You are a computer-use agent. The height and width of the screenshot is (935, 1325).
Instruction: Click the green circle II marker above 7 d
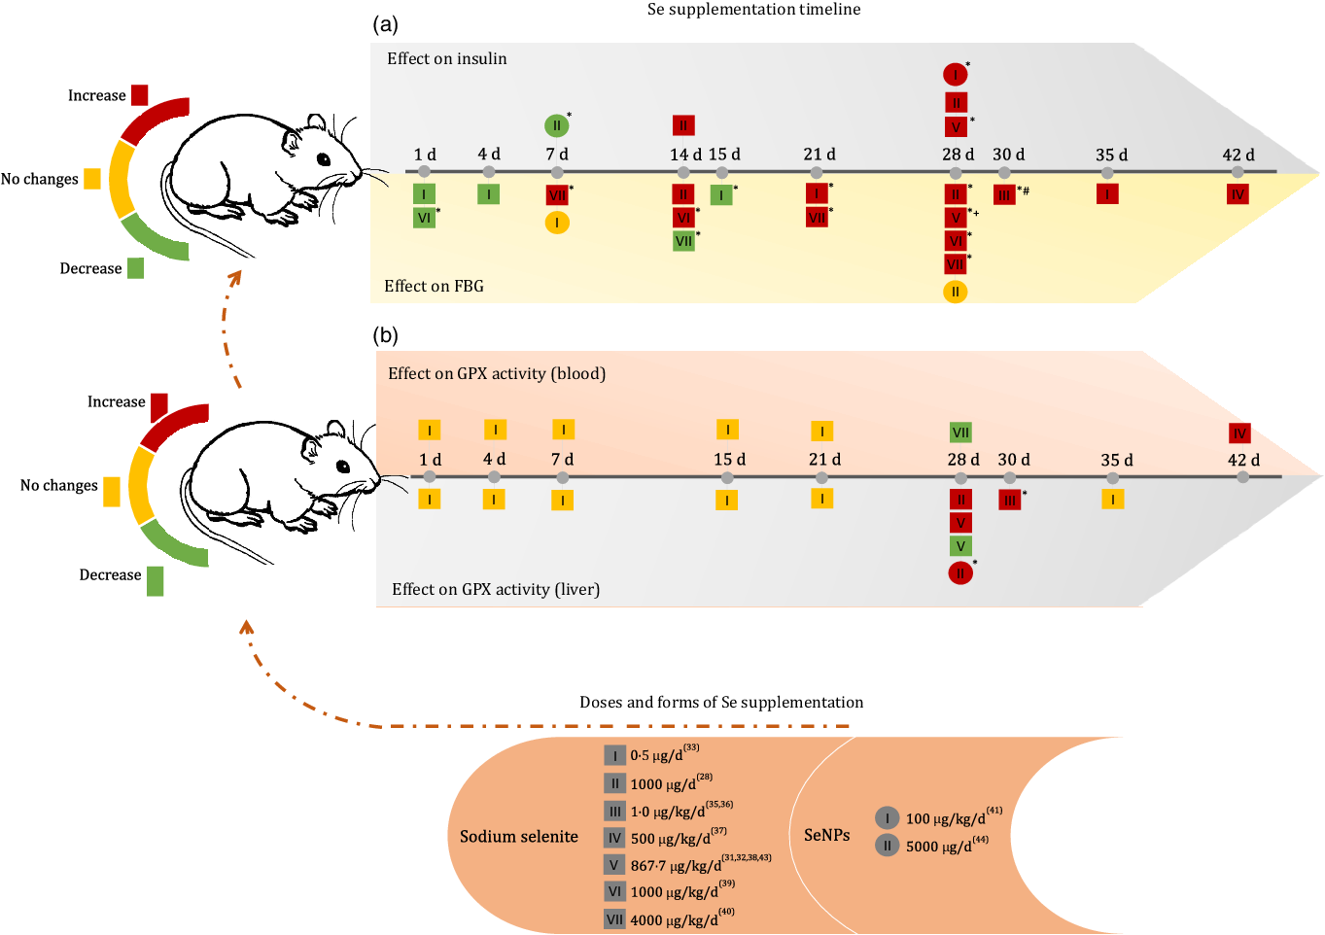[556, 125]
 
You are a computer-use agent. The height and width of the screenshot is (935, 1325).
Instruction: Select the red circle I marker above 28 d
[956, 74]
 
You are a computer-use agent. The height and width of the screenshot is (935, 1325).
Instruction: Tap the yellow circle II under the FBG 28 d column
[956, 292]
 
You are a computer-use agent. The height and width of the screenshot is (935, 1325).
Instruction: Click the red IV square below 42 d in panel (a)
[1238, 194]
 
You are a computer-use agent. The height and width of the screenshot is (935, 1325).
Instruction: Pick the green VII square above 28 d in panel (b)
[960, 433]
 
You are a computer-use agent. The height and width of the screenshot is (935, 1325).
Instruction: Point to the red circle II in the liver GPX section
[960, 573]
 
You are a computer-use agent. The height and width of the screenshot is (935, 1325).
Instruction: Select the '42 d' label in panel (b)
[1243, 460]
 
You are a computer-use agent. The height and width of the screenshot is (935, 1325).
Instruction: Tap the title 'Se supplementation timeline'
[753, 10]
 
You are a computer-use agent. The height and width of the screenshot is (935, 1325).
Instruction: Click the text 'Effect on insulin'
[446, 59]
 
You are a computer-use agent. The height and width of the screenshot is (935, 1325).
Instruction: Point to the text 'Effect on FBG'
[434, 287]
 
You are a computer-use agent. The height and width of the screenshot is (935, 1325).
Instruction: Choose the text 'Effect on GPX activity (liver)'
[496, 589]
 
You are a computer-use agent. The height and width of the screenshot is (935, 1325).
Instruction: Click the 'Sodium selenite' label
[518, 837]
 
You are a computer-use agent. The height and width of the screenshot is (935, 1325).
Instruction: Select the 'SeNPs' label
[826, 835]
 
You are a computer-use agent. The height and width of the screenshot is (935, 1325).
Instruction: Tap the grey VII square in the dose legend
[614, 919]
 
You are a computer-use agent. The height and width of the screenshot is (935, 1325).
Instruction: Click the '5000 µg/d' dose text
[938, 847]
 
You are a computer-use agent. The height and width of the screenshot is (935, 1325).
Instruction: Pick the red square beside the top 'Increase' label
[140, 95]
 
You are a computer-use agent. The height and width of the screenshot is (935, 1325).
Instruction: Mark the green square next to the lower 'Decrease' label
[156, 580]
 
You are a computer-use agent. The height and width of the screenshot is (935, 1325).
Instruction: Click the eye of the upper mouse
[323, 158]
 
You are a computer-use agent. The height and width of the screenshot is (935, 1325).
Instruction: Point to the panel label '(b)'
[385, 336]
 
